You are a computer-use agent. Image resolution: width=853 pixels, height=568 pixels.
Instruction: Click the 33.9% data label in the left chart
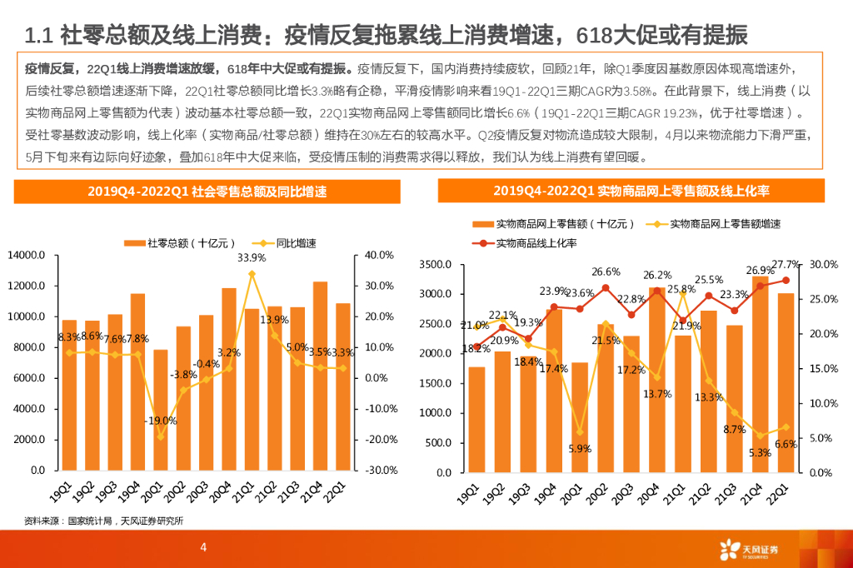tap(252, 258)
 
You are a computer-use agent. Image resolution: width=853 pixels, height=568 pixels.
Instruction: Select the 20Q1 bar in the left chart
tap(160, 410)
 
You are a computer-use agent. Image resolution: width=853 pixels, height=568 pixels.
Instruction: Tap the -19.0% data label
tap(160, 421)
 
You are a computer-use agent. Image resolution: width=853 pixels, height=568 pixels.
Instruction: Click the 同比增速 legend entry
tap(282, 243)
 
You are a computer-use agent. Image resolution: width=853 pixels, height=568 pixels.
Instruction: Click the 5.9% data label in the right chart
tap(580, 449)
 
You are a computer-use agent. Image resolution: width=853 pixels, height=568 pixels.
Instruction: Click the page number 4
tap(203, 547)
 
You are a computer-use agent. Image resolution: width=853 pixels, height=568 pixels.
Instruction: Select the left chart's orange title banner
tap(208, 192)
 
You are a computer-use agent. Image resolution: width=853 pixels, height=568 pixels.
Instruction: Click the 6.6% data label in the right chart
tap(786, 444)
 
